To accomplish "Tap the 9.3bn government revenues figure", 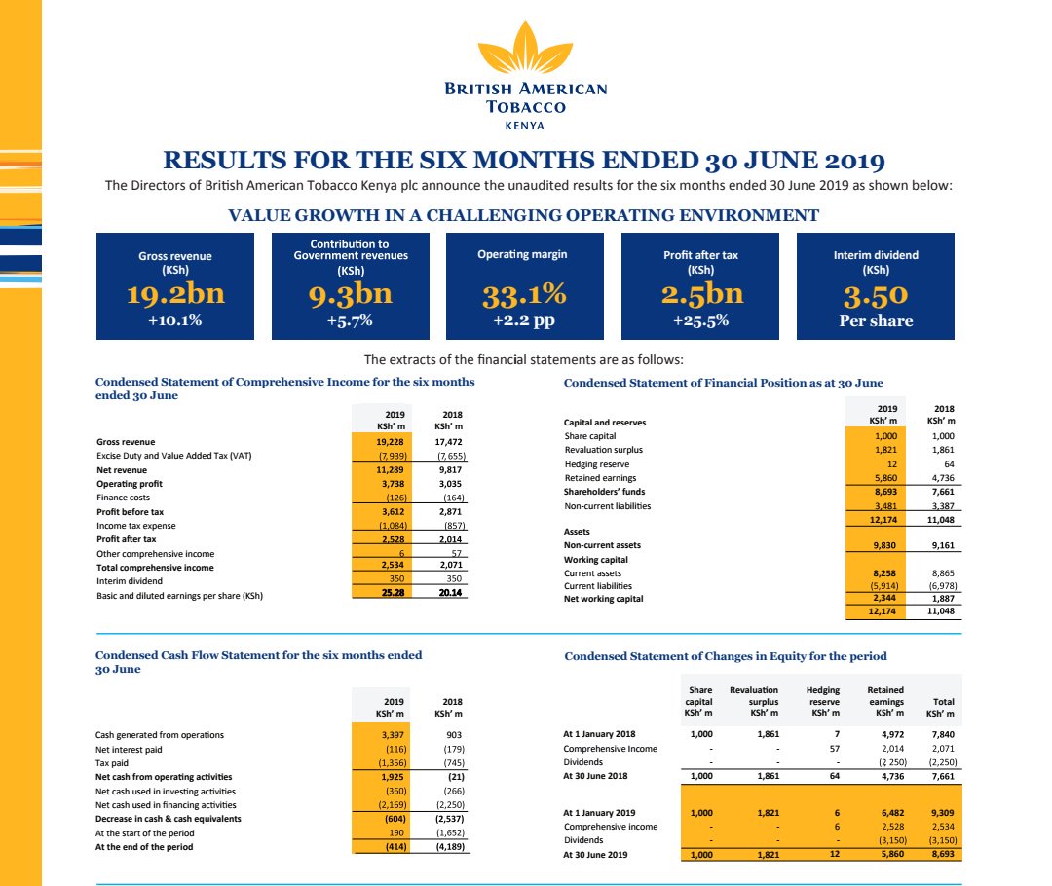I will pyautogui.click(x=351, y=294).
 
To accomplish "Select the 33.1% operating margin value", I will pyautogui.click(x=525, y=294).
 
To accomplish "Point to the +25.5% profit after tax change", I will pyautogui.click(x=700, y=319).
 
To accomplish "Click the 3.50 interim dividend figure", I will pyautogui.click(x=876, y=294).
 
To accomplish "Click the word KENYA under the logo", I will pyautogui.click(x=525, y=125).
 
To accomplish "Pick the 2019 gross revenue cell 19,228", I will pyautogui.click(x=389, y=442).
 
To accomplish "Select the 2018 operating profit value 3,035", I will pyautogui.click(x=448, y=484).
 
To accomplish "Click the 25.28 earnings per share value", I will pyautogui.click(x=389, y=595).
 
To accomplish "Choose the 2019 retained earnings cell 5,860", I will pyautogui.click(x=881, y=478).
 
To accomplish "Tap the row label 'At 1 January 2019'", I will pyautogui.click(x=599, y=812).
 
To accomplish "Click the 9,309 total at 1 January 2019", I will pyautogui.click(x=942, y=812).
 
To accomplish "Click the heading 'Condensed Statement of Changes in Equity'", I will pyautogui.click(x=726, y=656).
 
